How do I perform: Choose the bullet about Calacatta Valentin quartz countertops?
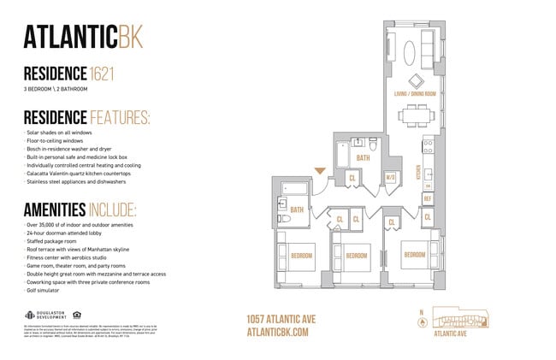(x=80, y=173)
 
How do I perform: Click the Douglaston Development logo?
(x=43, y=313)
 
